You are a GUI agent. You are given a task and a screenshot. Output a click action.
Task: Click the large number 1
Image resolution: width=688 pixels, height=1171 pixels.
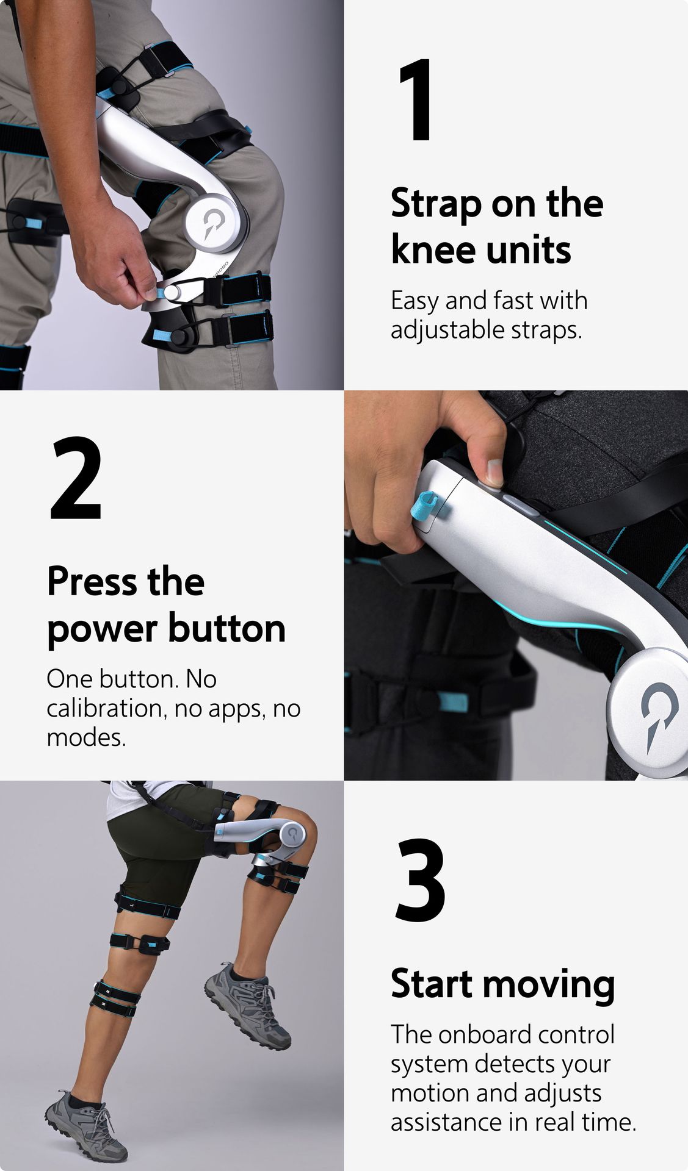(416, 101)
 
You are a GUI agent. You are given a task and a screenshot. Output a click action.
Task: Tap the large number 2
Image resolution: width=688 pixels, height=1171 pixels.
(76, 478)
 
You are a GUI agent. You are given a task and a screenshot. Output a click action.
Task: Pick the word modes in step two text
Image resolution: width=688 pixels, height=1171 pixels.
(85, 738)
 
